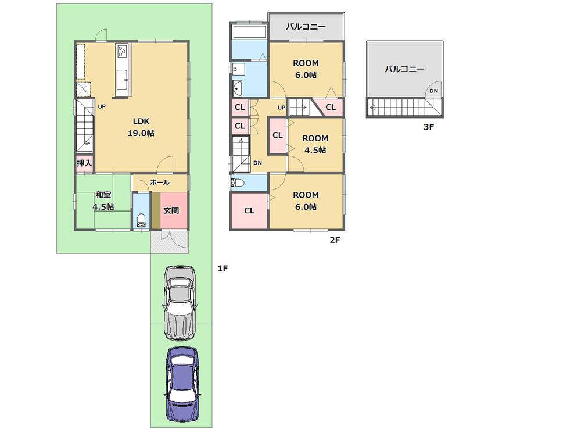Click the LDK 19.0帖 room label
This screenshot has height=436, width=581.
142,127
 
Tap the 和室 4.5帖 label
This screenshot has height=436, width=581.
103,201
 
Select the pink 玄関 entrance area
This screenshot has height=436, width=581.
171,210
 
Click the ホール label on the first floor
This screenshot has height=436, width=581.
160,182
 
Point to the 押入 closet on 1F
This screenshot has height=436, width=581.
84,163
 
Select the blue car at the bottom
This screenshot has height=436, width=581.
181,385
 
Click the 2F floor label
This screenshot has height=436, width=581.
334,240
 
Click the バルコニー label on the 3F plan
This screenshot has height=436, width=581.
404,69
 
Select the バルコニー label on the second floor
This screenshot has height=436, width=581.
306,27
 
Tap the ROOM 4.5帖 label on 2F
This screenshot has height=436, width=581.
314,144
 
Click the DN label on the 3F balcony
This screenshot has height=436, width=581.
433,91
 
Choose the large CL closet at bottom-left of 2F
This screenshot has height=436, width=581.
249,210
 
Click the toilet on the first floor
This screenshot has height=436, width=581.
141,220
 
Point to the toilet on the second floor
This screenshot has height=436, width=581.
237,183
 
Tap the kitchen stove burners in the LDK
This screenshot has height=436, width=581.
123,52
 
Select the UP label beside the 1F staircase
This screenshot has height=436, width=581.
102,106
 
